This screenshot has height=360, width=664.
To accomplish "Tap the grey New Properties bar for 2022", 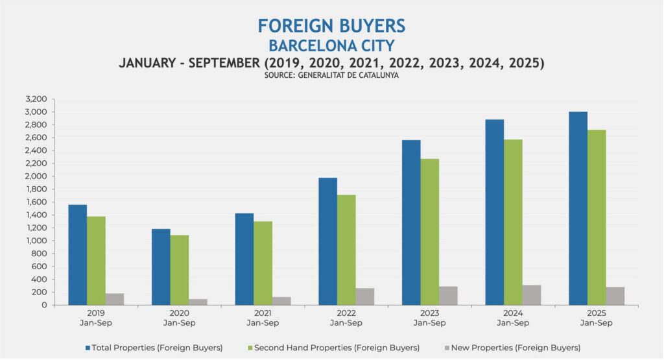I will [365, 296].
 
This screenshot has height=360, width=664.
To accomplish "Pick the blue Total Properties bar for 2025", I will [578, 208].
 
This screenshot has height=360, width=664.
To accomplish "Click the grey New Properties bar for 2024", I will [532, 295].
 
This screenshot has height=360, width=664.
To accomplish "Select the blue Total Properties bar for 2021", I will [244, 259].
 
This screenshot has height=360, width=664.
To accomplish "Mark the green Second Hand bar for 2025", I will [597, 217].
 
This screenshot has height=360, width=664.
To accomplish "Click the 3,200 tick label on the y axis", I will [36, 99].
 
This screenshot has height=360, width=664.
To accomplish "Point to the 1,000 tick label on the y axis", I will [36, 241].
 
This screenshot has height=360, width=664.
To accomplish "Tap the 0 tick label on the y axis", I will [45, 305].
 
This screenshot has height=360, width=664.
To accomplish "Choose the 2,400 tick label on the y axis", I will [36, 150].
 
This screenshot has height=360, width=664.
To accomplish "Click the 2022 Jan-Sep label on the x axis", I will [346, 318].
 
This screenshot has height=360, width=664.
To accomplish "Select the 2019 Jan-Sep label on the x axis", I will [96, 318].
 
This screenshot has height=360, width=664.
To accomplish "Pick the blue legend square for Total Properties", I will [88, 348].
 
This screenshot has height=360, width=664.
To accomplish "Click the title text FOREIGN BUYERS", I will [331, 26].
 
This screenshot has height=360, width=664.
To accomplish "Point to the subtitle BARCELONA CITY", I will [331, 46].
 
